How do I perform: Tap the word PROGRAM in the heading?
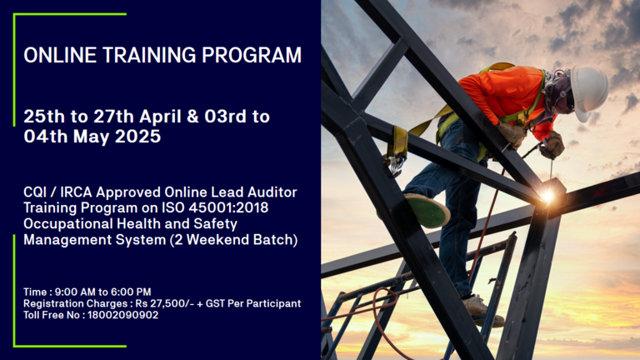coord(252,55)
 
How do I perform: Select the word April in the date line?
coord(160,117)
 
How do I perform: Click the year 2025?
coord(138,137)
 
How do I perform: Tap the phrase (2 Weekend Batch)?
coord(234,240)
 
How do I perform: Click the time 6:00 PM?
coord(131,292)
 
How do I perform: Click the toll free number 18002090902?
coord(122,315)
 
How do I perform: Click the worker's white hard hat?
coord(588,92)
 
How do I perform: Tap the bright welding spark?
coord(547,196)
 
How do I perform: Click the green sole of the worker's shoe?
coord(428,211)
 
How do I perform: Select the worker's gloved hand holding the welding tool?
coord(552,145)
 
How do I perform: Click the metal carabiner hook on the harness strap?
coord(395,164)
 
